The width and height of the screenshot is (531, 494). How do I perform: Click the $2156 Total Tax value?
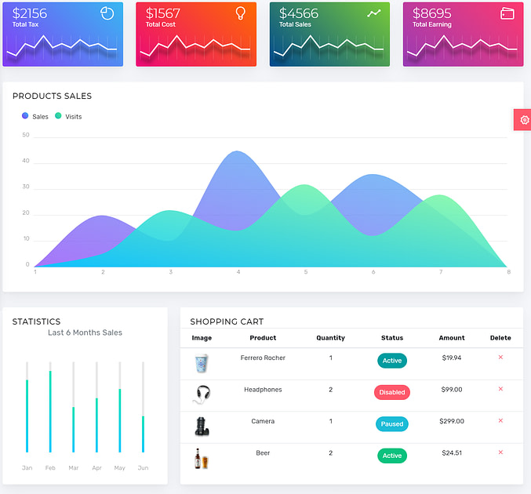click(30, 13)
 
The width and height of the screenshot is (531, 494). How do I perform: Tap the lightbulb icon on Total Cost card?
click(240, 13)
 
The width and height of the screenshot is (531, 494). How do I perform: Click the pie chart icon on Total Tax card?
click(107, 13)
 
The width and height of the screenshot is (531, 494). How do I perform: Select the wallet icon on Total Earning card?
click(507, 13)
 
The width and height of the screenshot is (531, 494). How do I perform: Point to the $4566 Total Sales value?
click(299, 13)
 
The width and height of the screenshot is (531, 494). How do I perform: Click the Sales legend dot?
click(25, 116)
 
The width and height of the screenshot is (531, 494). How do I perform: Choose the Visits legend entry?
click(68, 117)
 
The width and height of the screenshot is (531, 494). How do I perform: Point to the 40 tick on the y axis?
click(26, 161)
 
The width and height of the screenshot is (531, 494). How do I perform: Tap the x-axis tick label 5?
click(306, 272)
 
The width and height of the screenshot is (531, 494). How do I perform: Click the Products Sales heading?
click(52, 96)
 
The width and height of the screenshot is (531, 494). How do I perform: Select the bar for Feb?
click(49, 411)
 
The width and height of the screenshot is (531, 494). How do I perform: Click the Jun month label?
click(143, 468)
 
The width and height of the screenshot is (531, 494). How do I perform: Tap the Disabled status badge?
click(391, 392)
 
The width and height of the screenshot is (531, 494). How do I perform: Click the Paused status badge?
click(391, 424)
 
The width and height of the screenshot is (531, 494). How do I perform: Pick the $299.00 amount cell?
click(452, 421)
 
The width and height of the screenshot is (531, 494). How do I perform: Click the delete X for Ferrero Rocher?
click(500, 358)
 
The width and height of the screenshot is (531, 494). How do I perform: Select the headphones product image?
click(202, 394)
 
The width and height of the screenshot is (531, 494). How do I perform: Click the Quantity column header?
click(330, 338)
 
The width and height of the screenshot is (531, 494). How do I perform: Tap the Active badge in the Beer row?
click(391, 456)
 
